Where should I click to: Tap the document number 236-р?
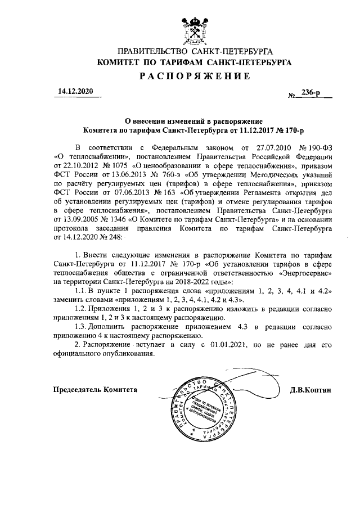[x=310, y=94]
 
